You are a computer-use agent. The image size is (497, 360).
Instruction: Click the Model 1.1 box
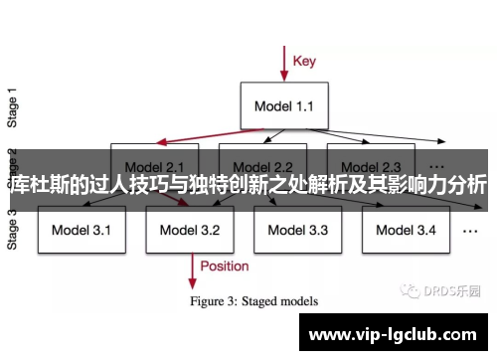tap(284, 104)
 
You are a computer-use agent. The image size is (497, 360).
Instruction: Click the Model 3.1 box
tap(82, 231)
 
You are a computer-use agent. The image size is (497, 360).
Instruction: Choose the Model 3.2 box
tap(189, 231)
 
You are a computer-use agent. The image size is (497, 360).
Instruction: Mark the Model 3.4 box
tap(405, 231)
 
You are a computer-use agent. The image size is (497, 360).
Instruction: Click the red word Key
tap(304, 61)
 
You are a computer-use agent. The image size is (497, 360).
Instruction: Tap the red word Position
tap(225, 266)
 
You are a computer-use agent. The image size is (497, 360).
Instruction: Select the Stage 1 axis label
tap(13, 104)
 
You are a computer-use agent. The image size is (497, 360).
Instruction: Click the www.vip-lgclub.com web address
tap(399, 335)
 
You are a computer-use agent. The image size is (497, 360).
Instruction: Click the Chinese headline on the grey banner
tap(248, 184)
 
